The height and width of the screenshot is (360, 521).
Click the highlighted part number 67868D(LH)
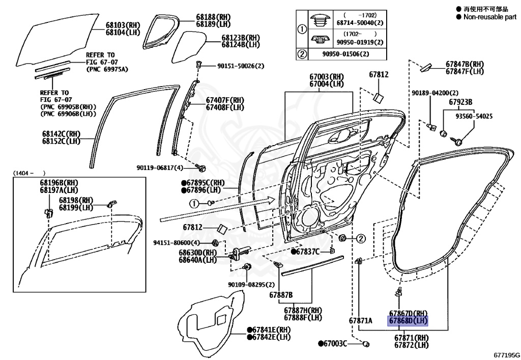[x=408, y=321]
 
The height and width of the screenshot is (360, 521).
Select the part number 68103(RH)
[x=123, y=24]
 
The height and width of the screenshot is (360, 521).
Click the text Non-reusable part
[x=489, y=17]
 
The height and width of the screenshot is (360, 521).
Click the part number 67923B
[x=460, y=102]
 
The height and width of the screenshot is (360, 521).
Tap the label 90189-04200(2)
[x=435, y=93]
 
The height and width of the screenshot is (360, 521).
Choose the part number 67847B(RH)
[x=465, y=64]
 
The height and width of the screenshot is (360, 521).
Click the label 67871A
[x=361, y=321]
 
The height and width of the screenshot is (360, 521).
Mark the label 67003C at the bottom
[x=334, y=344]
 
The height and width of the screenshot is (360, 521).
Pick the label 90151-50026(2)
[x=241, y=66]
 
